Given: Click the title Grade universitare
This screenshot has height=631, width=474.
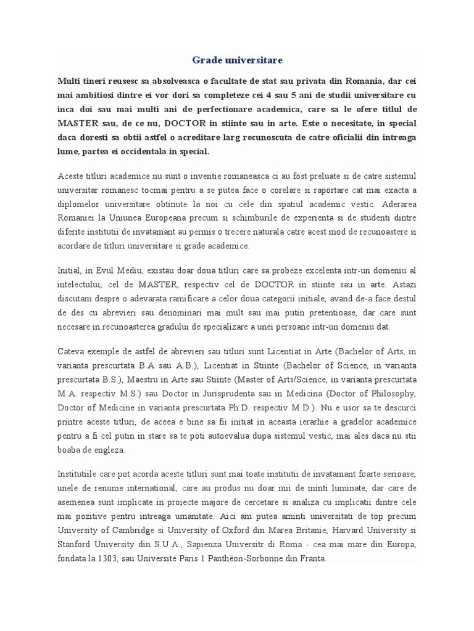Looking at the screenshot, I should pyautogui.click(x=237, y=60).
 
